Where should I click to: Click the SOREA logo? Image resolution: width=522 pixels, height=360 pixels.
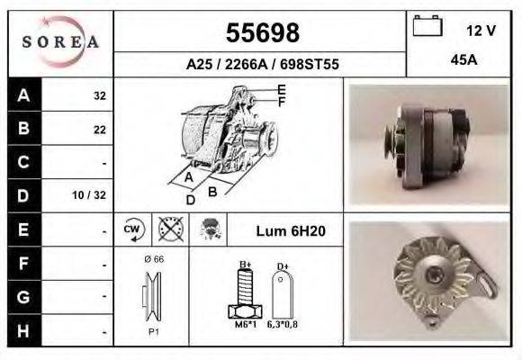[x=60, y=42]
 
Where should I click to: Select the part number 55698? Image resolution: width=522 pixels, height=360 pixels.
[x=261, y=33]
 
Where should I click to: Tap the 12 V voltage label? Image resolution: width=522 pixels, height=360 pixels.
[x=481, y=31]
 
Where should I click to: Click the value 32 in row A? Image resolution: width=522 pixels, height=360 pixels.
[x=100, y=95]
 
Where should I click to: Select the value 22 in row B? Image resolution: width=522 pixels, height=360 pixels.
[x=100, y=129]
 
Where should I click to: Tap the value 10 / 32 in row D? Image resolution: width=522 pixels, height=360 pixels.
[x=94, y=195]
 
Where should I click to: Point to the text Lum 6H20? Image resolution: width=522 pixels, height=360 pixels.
[x=291, y=231]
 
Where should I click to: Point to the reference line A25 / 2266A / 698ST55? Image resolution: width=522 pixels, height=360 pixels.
[x=261, y=65]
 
